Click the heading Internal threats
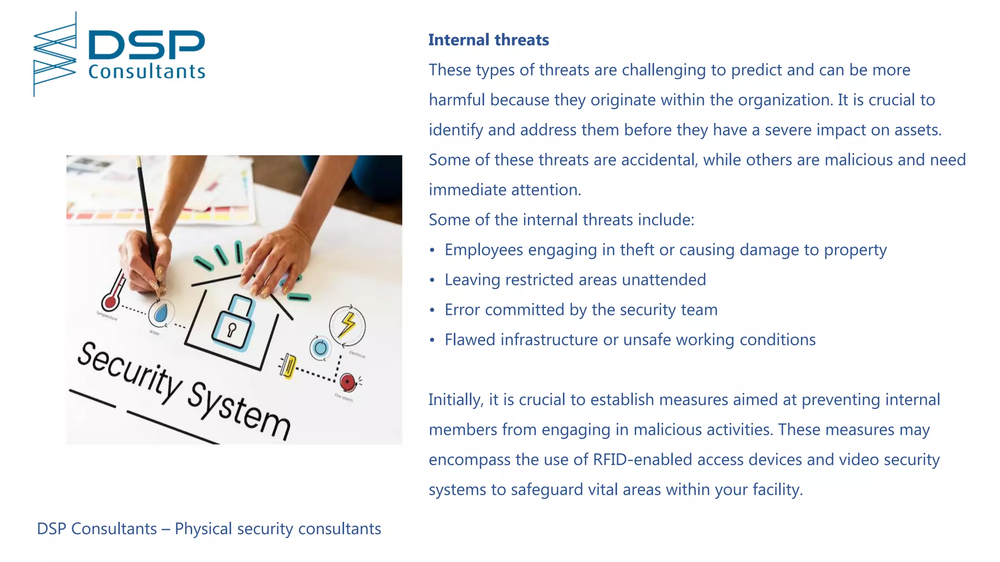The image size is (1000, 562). coord(488,40)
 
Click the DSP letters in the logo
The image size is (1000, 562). coord(146,45)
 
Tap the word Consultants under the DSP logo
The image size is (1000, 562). coord(146,72)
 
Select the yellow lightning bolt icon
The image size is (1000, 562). coord(348,325)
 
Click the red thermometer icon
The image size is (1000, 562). coord(113,293)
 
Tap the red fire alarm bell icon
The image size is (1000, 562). coord(348,382)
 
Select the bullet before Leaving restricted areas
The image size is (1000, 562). coord(432,280)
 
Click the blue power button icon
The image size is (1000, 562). coord(320,348)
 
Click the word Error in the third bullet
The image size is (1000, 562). coord(462,310)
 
